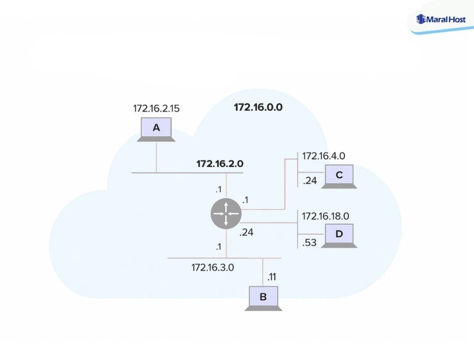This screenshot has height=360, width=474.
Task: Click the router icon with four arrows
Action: [226, 214]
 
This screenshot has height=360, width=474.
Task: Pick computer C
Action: [339, 176]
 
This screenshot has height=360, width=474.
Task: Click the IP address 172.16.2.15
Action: [156, 109]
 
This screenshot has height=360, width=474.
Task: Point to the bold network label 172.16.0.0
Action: [258, 107]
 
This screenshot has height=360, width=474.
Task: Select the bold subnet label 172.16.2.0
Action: [220, 164]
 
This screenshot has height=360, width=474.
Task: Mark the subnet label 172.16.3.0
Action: [213, 267]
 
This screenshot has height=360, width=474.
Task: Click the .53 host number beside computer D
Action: [310, 242]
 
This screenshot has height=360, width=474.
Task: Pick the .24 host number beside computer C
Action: [310, 181]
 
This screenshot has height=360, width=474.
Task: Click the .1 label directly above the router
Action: [218, 189]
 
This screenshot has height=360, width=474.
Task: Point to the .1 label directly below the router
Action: [218, 247]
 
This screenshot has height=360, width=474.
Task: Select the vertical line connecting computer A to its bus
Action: [156, 157]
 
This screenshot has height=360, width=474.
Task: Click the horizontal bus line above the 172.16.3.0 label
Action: [194, 258]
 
